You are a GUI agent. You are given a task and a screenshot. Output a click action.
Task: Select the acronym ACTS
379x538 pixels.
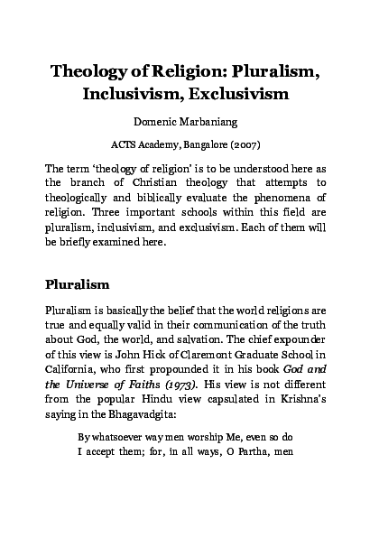pyautogui.click(x=125, y=144)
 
